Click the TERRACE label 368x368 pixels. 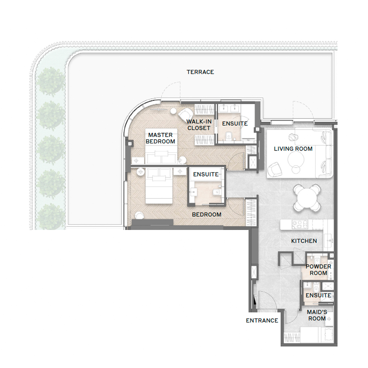point(200,72)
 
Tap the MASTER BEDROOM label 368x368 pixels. point(160,138)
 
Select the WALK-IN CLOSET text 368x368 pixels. point(199,125)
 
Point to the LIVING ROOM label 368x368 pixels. point(293,149)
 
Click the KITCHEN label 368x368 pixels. point(304,241)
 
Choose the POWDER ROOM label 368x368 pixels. point(318,270)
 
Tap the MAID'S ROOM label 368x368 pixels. point(317,315)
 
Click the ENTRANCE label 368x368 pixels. point(262,320)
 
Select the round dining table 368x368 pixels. point(307,198)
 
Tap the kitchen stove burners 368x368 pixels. point(300,224)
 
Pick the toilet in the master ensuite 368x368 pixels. point(229,135)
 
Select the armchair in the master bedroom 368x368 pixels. point(185,115)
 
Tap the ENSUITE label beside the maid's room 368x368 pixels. point(318,295)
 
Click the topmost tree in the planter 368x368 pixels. point(51,81)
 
